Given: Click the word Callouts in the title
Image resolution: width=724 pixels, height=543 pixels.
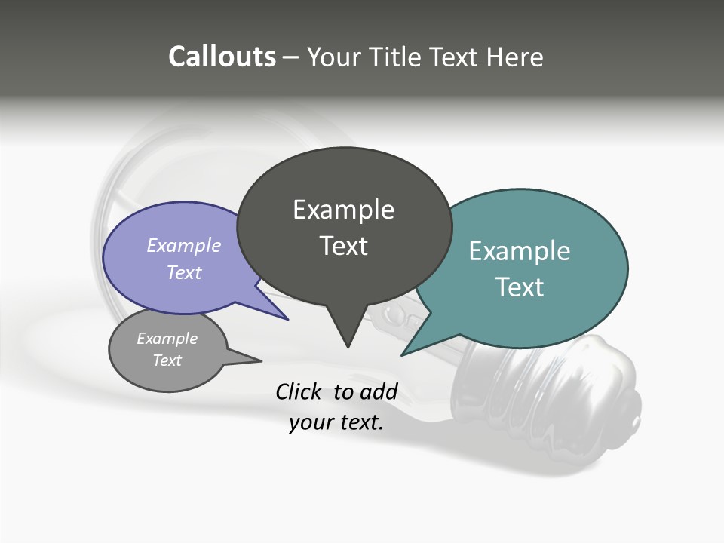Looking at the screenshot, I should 222,57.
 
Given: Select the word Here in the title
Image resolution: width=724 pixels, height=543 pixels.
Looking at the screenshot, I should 515,57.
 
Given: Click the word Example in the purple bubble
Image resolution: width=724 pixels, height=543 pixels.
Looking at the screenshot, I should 184,245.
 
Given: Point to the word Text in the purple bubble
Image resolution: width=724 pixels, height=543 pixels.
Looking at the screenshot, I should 184,272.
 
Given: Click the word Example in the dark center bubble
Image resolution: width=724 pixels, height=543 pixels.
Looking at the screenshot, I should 343,210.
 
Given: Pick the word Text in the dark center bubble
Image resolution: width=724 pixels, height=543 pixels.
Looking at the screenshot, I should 343,246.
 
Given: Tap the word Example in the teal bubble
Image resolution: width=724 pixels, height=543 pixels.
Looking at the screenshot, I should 520,251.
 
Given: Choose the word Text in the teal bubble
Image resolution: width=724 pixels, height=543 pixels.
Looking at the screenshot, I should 520,287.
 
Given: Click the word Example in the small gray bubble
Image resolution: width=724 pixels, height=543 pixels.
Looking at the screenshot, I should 167,339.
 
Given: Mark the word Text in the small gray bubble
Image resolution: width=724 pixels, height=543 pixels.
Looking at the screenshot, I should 167,360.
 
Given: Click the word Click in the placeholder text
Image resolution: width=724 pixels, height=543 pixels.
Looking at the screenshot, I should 299,391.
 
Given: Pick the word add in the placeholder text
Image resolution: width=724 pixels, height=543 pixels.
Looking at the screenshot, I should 378,391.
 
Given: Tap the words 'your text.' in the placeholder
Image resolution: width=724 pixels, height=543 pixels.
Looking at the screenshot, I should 336,422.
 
